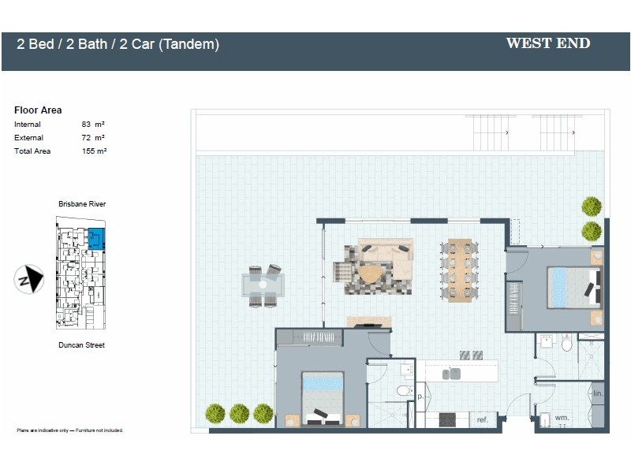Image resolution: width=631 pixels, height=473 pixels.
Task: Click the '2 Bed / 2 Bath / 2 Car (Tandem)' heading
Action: point(118,45)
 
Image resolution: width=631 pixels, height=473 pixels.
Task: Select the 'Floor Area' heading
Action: point(38,110)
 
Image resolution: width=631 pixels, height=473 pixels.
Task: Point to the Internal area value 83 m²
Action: point(93,125)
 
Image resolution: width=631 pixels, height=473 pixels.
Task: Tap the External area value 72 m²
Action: point(93,138)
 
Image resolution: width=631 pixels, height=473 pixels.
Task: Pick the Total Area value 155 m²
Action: point(94,151)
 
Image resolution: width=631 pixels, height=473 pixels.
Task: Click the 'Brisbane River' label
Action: point(82,204)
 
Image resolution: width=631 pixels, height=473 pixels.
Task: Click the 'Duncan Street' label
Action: point(81,345)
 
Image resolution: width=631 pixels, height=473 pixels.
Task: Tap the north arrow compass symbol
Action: point(29,279)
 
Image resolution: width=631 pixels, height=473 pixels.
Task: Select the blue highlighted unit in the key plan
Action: point(97,237)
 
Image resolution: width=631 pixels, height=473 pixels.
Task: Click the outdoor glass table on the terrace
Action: point(263,285)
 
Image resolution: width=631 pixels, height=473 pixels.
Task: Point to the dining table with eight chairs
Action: point(459,270)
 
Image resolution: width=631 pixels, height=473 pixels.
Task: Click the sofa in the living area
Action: point(385,251)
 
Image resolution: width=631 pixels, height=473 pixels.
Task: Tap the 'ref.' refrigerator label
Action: point(483,420)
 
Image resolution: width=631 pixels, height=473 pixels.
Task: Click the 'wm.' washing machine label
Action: point(562,417)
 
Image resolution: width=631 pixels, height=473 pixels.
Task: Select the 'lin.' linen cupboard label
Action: point(598,393)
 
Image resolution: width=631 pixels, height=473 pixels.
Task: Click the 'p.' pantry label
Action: point(420,397)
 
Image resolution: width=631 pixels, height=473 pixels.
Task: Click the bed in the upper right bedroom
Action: point(573,288)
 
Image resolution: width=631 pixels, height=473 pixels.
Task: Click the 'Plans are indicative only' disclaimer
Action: point(69,430)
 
